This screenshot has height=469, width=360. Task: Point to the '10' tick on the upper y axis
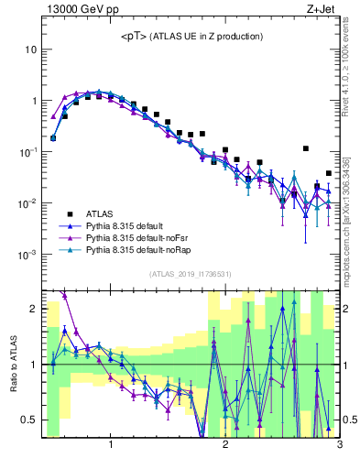coord(31,49)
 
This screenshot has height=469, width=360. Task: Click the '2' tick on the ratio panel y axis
coord(33,309)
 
